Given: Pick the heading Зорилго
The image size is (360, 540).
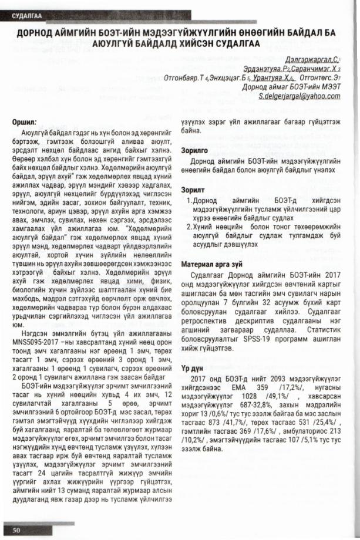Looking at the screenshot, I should tap(196, 150).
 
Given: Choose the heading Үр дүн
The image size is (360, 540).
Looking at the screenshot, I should tap(192, 363).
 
